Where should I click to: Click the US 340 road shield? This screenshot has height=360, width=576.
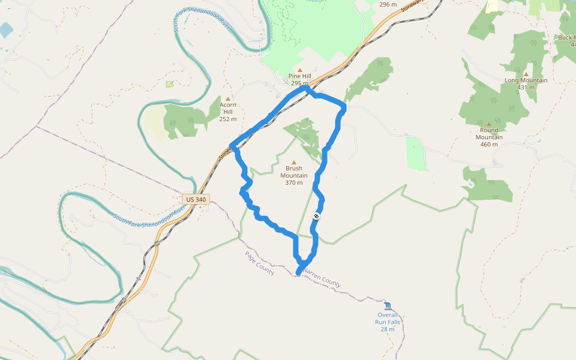[196, 199]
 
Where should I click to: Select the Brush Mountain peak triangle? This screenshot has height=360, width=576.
[294, 162]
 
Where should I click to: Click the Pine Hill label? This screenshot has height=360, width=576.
[299, 76]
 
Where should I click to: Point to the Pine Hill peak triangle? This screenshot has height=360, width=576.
[299, 69]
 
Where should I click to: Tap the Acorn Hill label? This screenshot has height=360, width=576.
[228, 108]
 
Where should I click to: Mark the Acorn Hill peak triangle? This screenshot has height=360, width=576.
[228, 98]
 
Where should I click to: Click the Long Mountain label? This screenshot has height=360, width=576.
[526, 80]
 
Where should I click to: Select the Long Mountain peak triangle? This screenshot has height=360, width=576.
[526, 74]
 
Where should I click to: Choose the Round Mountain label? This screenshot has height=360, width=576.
[489, 133]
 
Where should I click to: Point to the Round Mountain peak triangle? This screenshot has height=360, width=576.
[489, 124]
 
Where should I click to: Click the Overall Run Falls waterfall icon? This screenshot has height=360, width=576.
[388, 305]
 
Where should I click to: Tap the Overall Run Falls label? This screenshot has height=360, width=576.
[388, 319]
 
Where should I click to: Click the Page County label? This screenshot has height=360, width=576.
[259, 263]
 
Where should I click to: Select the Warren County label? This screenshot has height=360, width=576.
[322, 278]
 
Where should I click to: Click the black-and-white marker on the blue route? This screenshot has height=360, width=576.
[316, 216]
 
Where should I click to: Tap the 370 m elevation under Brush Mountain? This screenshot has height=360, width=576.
[294, 183]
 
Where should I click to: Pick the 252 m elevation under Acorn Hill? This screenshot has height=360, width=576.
[228, 119]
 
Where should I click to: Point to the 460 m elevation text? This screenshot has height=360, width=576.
[489, 144]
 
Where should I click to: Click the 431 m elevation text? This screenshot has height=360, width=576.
[526, 88]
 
